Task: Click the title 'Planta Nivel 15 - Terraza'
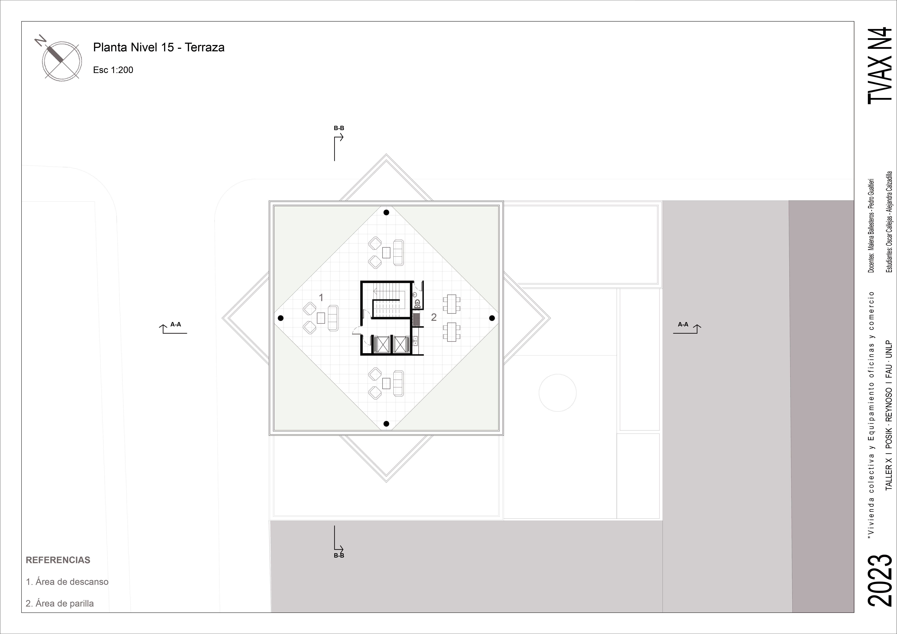coord(159,47)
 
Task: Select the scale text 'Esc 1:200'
coord(113,70)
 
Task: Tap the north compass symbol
coord(61,59)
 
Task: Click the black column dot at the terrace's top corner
coord(386,213)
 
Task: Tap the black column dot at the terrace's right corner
coord(492,318)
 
